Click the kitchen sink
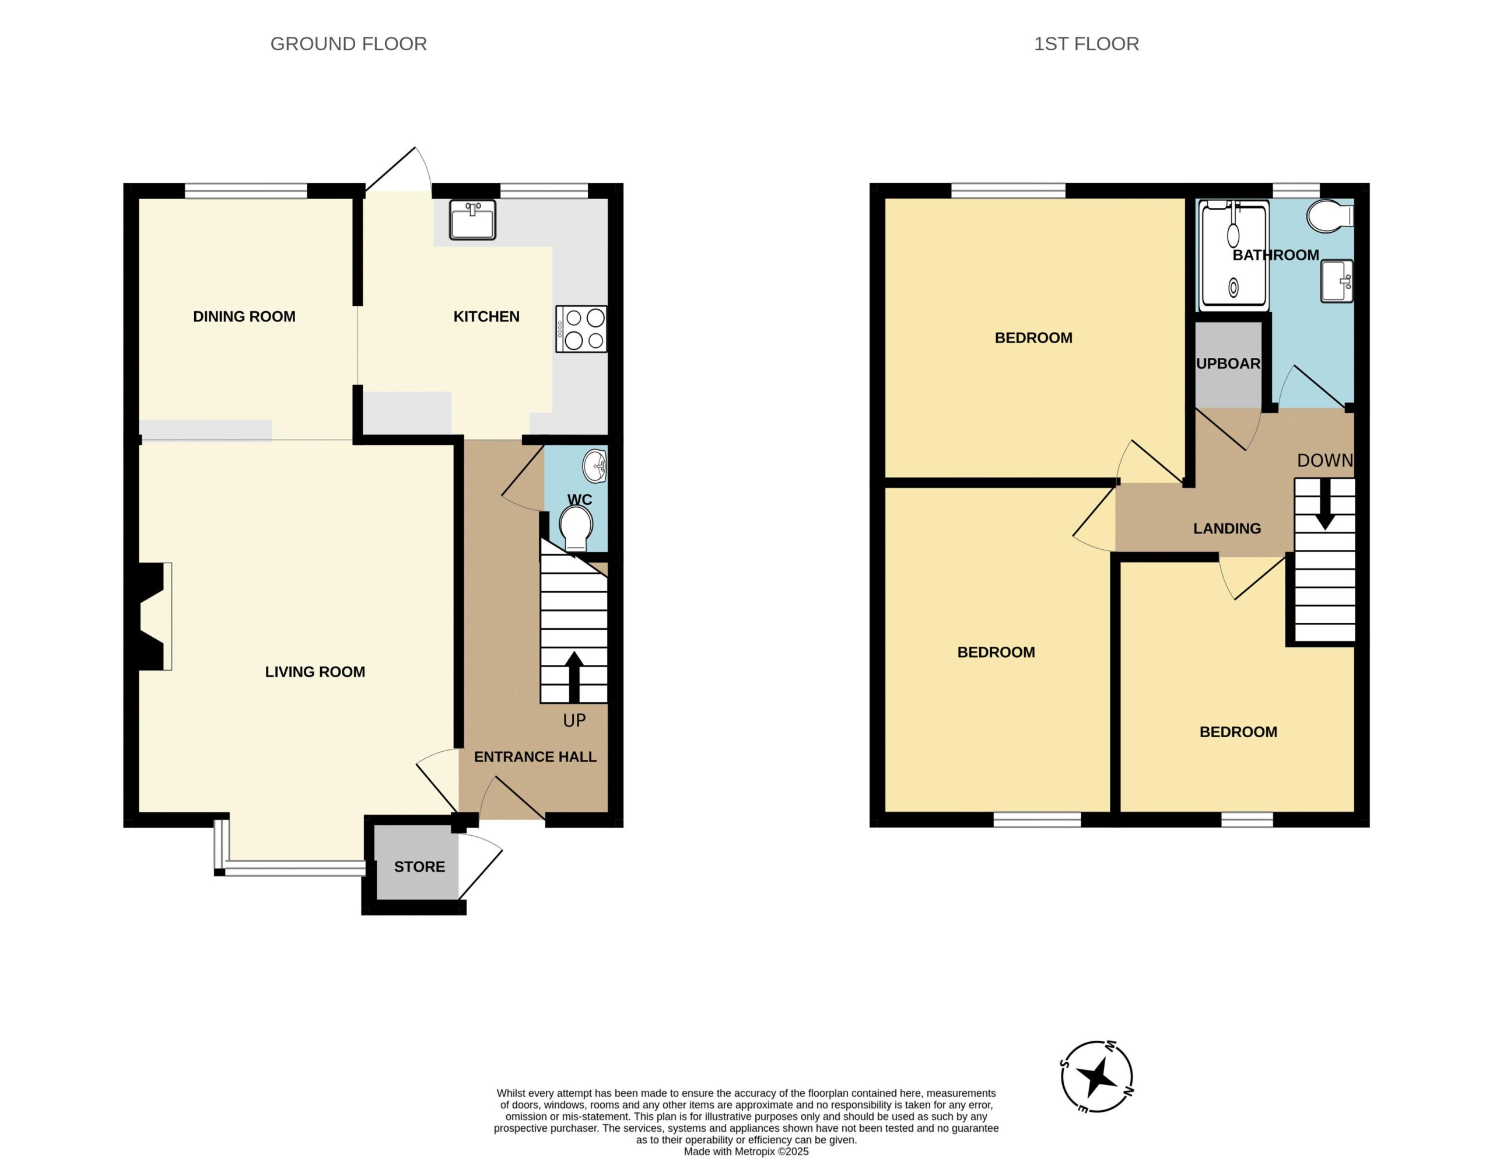472,219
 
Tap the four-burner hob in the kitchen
581,329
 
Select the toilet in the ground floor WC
576,528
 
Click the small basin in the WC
595,466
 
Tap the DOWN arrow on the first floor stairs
1325,505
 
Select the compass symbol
1096,1077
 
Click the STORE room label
419,867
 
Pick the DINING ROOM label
244,317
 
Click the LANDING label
1227,529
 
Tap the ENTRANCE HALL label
535,756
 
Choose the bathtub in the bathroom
1234,254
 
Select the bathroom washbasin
1337,280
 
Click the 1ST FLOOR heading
1087,44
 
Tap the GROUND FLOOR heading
349,44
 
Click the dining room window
246,191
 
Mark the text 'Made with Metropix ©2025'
746,1152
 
